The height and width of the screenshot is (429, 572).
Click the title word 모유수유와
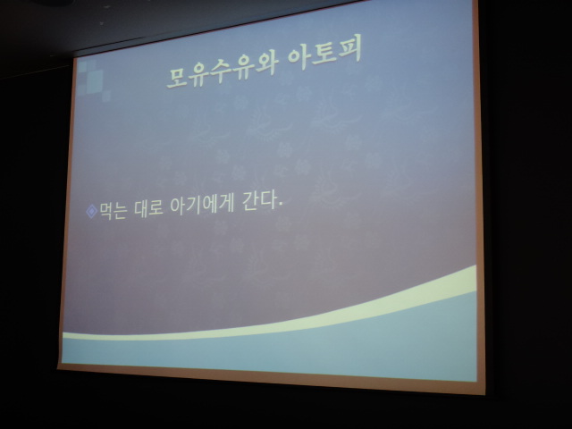(x=223, y=71)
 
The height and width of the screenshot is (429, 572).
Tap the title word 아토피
(x=324, y=54)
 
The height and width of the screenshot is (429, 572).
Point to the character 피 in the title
(x=349, y=50)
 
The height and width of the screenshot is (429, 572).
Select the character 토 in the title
(x=324, y=54)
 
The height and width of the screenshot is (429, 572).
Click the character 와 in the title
(x=265, y=64)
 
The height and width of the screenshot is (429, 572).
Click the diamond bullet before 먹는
(x=91, y=212)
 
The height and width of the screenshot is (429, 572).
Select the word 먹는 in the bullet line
(x=113, y=210)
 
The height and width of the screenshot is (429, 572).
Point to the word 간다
(x=258, y=201)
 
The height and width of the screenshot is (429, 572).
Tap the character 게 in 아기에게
(x=225, y=204)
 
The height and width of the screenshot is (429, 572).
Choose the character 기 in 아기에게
(x=193, y=206)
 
